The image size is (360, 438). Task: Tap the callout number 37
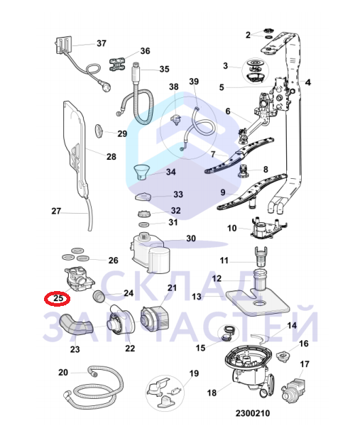click(101, 43)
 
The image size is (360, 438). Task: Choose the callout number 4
click(307, 83)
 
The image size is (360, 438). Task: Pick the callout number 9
click(222, 192)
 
